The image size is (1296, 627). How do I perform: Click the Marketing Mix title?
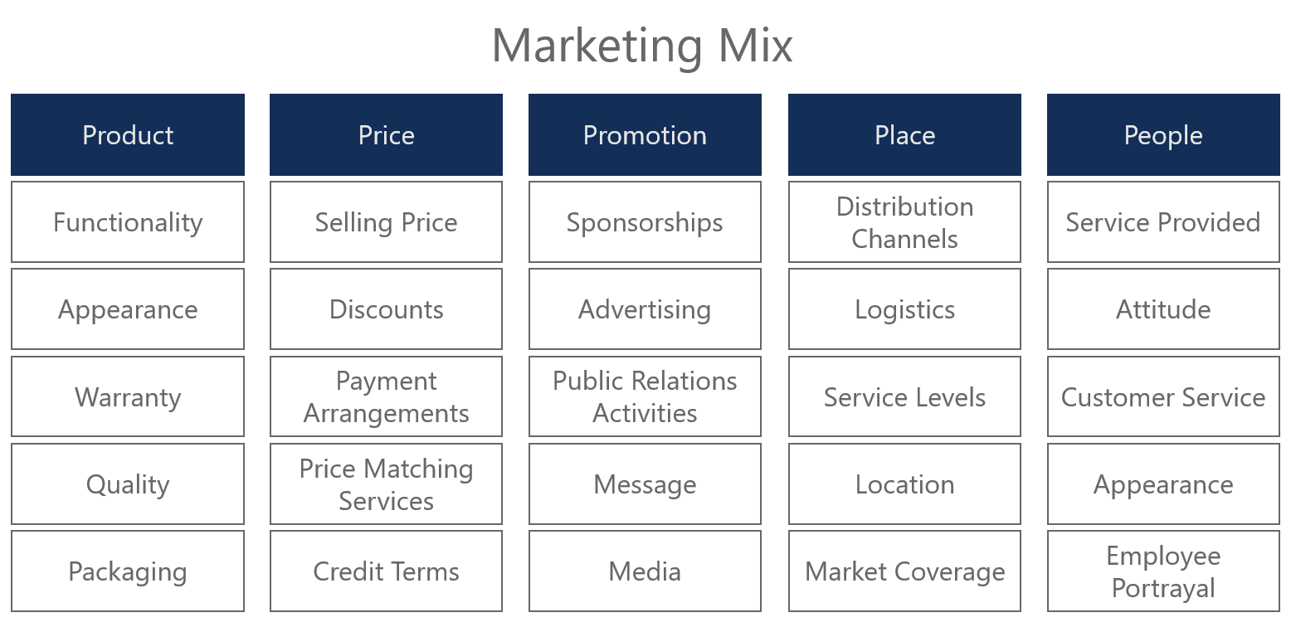[x=642, y=45]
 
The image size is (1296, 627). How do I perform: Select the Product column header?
[x=128, y=135]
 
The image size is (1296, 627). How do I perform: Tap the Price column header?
[x=386, y=135]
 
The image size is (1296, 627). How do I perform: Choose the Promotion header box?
[x=645, y=135]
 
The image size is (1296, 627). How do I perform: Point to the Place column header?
[x=904, y=135]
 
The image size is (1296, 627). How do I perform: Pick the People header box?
[x=1163, y=135]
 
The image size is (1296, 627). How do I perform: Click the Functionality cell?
[x=128, y=222]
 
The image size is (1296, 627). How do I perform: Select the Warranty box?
[x=128, y=396]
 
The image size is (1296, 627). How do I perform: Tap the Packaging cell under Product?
[x=128, y=571]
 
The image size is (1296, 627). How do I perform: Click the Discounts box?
[x=386, y=309]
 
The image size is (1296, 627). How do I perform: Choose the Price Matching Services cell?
[x=386, y=484]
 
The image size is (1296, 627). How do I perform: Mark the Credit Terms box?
[x=386, y=571]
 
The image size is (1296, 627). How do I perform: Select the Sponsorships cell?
[x=645, y=222]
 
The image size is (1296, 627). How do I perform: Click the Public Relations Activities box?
[x=645, y=396]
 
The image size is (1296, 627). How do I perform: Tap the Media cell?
[x=645, y=571]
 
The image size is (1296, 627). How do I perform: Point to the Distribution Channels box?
[x=904, y=222]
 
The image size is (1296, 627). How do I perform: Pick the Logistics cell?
[x=904, y=309]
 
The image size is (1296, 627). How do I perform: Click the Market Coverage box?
[x=904, y=571]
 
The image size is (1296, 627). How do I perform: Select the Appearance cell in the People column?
[x=1163, y=484]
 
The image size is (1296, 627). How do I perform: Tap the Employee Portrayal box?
[x=1163, y=571]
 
